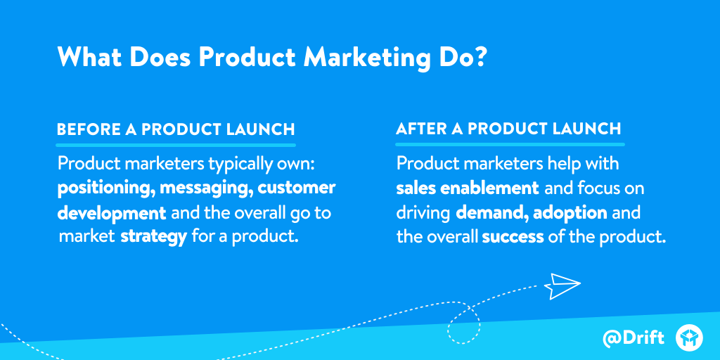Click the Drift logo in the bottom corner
point(689,337)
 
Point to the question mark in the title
point(479,57)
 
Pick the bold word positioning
point(106,188)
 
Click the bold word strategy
point(153,236)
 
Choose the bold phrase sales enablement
point(468,188)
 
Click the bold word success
point(513,236)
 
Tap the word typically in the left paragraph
point(238,165)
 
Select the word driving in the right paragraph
point(423,212)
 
